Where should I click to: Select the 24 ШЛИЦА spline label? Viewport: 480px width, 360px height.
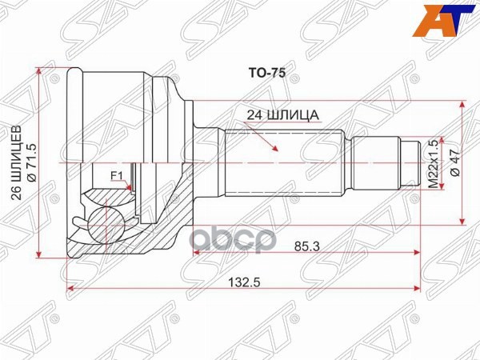[285, 114]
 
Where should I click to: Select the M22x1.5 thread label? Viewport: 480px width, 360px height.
[434, 164]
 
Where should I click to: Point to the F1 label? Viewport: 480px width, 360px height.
[115, 177]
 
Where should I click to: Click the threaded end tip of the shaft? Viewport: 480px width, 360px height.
[411, 162]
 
